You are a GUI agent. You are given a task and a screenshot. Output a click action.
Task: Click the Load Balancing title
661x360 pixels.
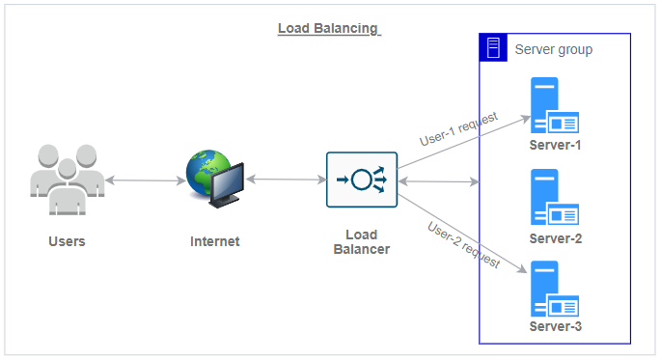click(329, 28)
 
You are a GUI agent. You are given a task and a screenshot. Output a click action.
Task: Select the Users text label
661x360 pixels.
click(67, 241)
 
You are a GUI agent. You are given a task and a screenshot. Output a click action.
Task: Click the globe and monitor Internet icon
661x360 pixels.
click(214, 180)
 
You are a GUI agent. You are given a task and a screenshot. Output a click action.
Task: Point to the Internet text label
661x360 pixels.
click(214, 241)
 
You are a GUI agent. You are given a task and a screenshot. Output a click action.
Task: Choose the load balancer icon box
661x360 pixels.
click(362, 180)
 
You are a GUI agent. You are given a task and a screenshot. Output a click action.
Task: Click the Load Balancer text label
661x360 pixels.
click(362, 242)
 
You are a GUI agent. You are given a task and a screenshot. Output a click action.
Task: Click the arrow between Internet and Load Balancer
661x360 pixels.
click(287, 180)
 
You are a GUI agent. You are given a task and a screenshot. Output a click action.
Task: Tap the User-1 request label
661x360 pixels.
click(458, 129)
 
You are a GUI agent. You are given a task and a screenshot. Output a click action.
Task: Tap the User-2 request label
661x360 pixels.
click(463, 244)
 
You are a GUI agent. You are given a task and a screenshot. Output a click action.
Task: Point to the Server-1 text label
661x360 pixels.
click(555, 146)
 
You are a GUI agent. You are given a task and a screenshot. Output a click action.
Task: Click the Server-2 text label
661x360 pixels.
click(555, 238)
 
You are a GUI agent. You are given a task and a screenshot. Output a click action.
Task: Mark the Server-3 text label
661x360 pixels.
click(555, 326)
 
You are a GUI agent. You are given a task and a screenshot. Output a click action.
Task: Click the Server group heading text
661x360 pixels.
click(554, 49)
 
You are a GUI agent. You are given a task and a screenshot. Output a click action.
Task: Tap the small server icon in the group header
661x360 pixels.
click(493, 48)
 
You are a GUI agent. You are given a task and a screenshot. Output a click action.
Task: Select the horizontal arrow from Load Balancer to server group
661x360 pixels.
click(439, 181)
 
